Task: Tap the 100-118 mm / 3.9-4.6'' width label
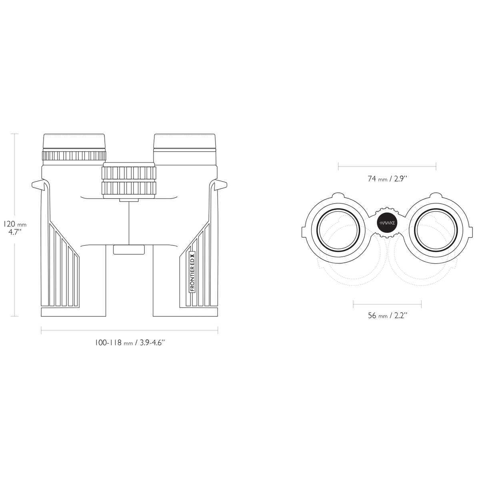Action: click(x=130, y=343)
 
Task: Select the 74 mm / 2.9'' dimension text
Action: click(x=387, y=178)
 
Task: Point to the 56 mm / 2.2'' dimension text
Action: click(x=387, y=316)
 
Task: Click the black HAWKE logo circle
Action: click(x=387, y=223)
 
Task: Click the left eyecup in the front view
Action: click(x=74, y=142)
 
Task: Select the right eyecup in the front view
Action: click(x=184, y=142)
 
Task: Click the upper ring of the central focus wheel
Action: click(x=129, y=173)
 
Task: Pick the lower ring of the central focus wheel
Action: click(x=129, y=188)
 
